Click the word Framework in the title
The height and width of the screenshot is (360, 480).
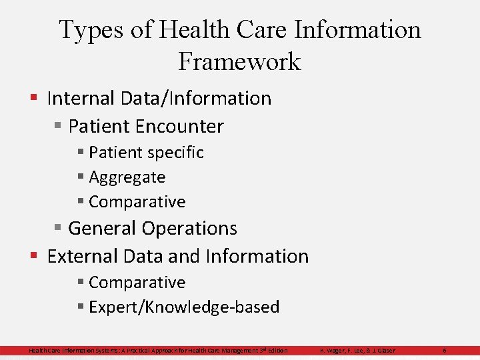click(239, 62)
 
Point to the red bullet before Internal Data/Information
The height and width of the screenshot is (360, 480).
click(33, 98)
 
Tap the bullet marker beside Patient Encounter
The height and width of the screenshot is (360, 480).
click(58, 126)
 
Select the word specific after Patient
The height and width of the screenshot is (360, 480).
click(175, 153)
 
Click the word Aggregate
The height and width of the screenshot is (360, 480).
click(127, 177)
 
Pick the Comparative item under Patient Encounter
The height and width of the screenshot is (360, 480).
click(137, 201)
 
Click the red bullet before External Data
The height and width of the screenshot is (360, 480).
click(33, 256)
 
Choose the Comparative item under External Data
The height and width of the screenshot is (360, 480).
click(137, 283)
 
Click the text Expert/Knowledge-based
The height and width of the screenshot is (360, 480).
click(183, 307)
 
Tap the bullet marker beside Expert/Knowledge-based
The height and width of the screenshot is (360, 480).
click(81, 307)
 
